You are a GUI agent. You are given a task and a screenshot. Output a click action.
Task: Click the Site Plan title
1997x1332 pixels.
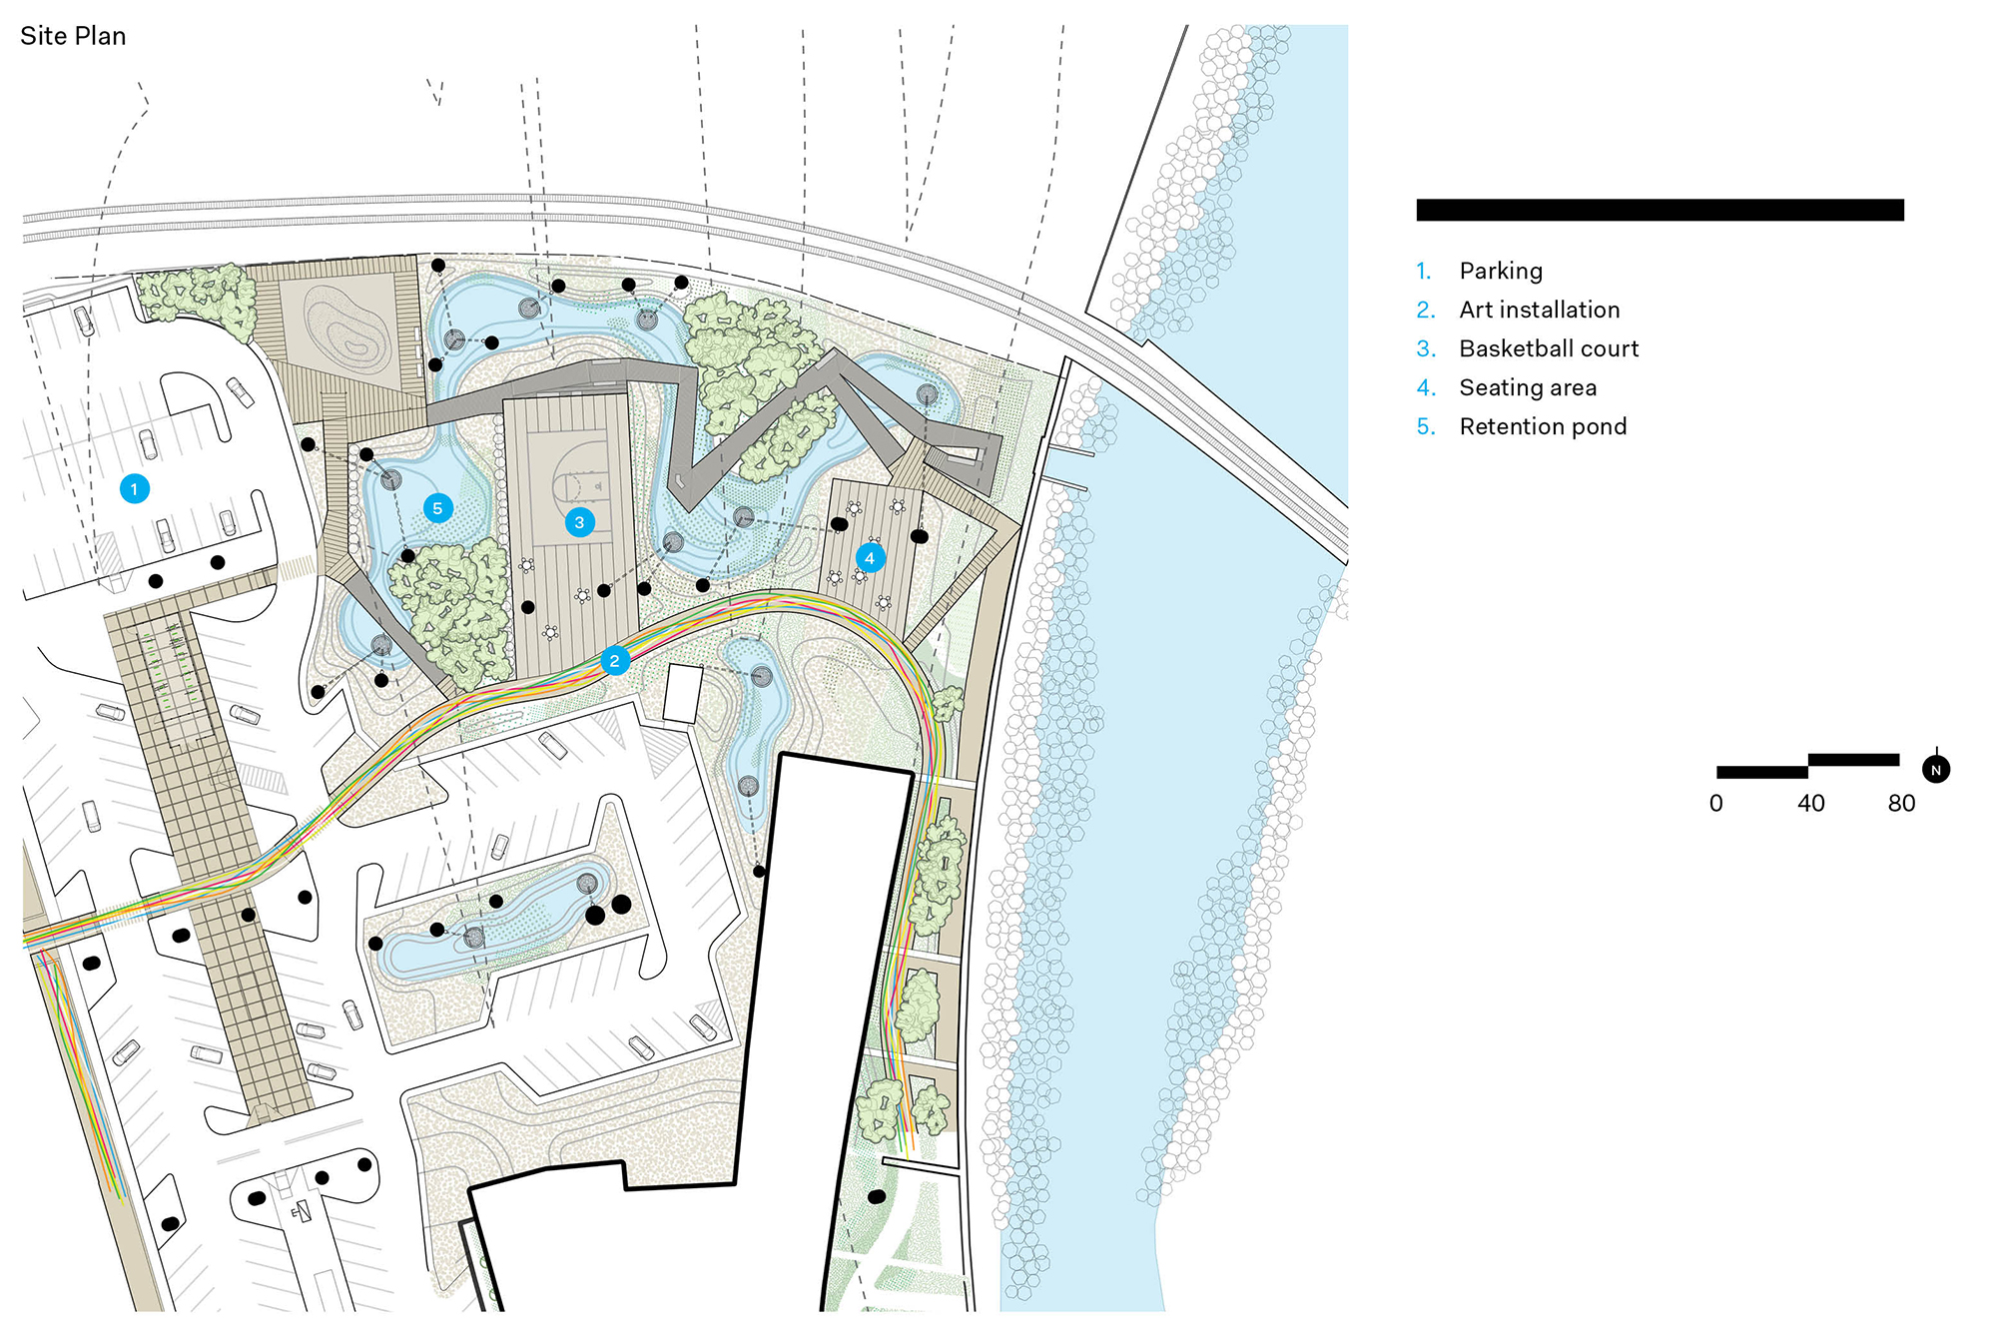pyautogui.click(x=73, y=36)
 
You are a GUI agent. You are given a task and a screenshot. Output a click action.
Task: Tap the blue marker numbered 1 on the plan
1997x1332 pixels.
pyautogui.click(x=135, y=489)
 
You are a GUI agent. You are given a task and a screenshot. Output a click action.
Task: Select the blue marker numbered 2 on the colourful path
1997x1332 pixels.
pyautogui.click(x=614, y=661)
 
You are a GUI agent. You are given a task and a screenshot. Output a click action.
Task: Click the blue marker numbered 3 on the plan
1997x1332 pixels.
pyautogui.click(x=579, y=522)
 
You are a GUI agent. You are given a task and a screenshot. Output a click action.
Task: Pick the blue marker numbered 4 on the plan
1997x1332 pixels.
pyautogui.click(x=870, y=558)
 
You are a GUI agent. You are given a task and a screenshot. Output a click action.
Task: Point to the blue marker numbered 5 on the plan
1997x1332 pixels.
pyautogui.click(x=437, y=508)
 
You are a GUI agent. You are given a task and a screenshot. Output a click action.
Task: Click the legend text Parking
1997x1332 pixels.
pyautogui.click(x=1501, y=271)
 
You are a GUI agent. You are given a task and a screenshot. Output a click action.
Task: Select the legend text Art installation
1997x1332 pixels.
pyautogui.click(x=1539, y=310)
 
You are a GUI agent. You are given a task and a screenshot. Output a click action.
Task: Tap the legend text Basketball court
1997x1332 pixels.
pyautogui.click(x=1549, y=348)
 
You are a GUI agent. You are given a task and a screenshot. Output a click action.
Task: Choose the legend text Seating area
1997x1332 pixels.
pyautogui.click(x=1528, y=387)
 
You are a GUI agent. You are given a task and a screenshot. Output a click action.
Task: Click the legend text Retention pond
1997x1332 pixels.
pyautogui.click(x=1543, y=426)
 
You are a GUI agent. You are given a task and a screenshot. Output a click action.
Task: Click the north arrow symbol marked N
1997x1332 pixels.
pyautogui.click(x=1936, y=770)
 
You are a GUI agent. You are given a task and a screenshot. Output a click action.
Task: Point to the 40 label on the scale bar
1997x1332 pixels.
pyautogui.click(x=1811, y=804)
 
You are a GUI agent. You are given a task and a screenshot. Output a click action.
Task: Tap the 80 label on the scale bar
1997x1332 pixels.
pyautogui.click(x=1901, y=804)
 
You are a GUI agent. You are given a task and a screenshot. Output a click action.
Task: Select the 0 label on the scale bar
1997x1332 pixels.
pyautogui.click(x=1716, y=804)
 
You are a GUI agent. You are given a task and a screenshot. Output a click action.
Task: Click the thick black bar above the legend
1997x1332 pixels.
pyautogui.click(x=1660, y=210)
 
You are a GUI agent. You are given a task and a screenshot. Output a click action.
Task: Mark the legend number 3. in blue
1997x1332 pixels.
pyautogui.click(x=1426, y=348)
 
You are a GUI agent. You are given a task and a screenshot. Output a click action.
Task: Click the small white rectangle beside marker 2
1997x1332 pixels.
pyautogui.click(x=683, y=693)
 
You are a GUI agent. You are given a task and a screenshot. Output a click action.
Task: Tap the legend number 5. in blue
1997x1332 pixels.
pyautogui.click(x=1426, y=426)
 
